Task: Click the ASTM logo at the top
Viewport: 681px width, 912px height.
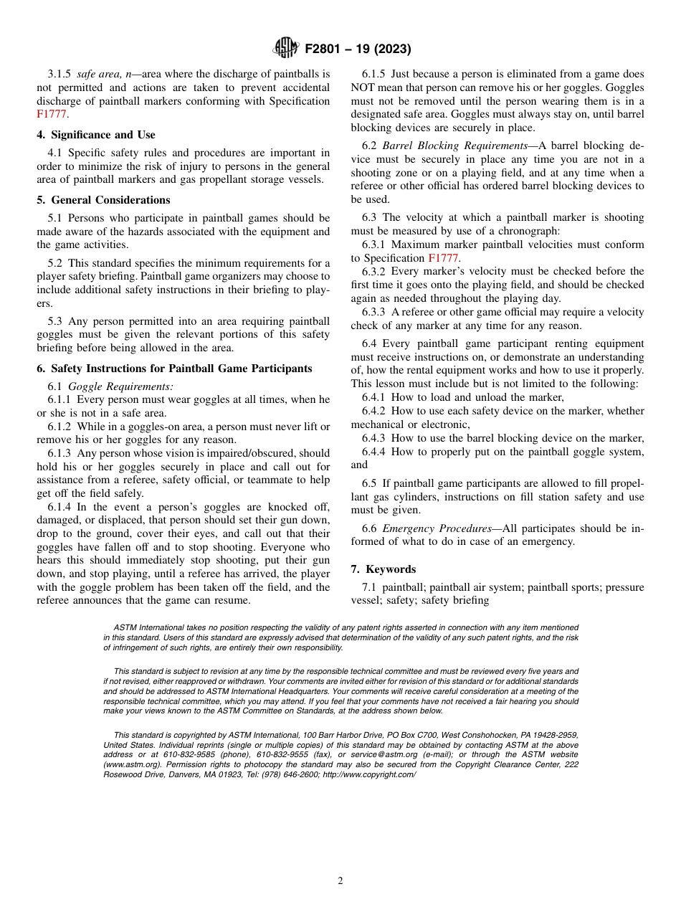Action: tap(286, 49)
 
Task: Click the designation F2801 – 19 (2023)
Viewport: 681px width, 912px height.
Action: tap(358, 49)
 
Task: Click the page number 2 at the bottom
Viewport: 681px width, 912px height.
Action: tap(340, 881)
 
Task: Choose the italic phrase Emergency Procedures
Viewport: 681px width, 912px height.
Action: tap(437, 528)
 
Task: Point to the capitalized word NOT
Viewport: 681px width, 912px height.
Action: tap(366, 87)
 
